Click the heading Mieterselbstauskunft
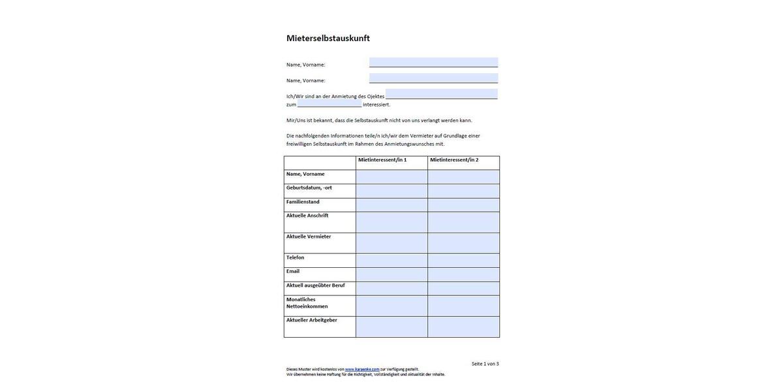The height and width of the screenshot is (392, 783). pyautogui.click(x=328, y=38)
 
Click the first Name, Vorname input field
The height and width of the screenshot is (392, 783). pyautogui.click(x=433, y=62)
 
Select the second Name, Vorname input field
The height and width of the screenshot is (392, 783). pyautogui.click(x=433, y=78)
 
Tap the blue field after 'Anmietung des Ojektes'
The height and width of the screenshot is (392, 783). pyautogui.click(x=441, y=94)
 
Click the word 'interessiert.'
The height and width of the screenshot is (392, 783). pyautogui.click(x=376, y=105)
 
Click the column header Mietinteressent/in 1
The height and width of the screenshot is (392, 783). pyautogui.click(x=382, y=160)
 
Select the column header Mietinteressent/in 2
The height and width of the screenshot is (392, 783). pyautogui.click(x=454, y=160)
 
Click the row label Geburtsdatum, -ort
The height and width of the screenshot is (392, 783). pyautogui.click(x=309, y=188)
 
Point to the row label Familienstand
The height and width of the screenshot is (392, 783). pyautogui.click(x=303, y=202)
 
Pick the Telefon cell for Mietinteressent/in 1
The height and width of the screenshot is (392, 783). pyautogui.click(x=391, y=261)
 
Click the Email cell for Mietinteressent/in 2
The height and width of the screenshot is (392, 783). pyautogui.click(x=463, y=274)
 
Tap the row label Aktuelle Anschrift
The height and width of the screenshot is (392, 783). pyautogui.click(x=307, y=216)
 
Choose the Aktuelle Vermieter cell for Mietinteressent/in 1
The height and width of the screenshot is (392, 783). pyautogui.click(x=391, y=243)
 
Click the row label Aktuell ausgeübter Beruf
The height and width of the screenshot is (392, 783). pyautogui.click(x=315, y=286)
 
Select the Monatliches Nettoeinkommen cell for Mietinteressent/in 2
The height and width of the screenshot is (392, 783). pyautogui.click(x=463, y=306)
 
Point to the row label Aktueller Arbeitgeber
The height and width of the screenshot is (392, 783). pyautogui.click(x=312, y=320)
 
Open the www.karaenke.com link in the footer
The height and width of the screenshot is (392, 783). pyautogui.click(x=362, y=369)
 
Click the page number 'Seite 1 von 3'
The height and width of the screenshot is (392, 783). pyautogui.click(x=485, y=364)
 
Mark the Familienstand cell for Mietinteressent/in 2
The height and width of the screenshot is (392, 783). pyautogui.click(x=463, y=205)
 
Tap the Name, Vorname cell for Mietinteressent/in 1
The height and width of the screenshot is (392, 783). pyautogui.click(x=391, y=177)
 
